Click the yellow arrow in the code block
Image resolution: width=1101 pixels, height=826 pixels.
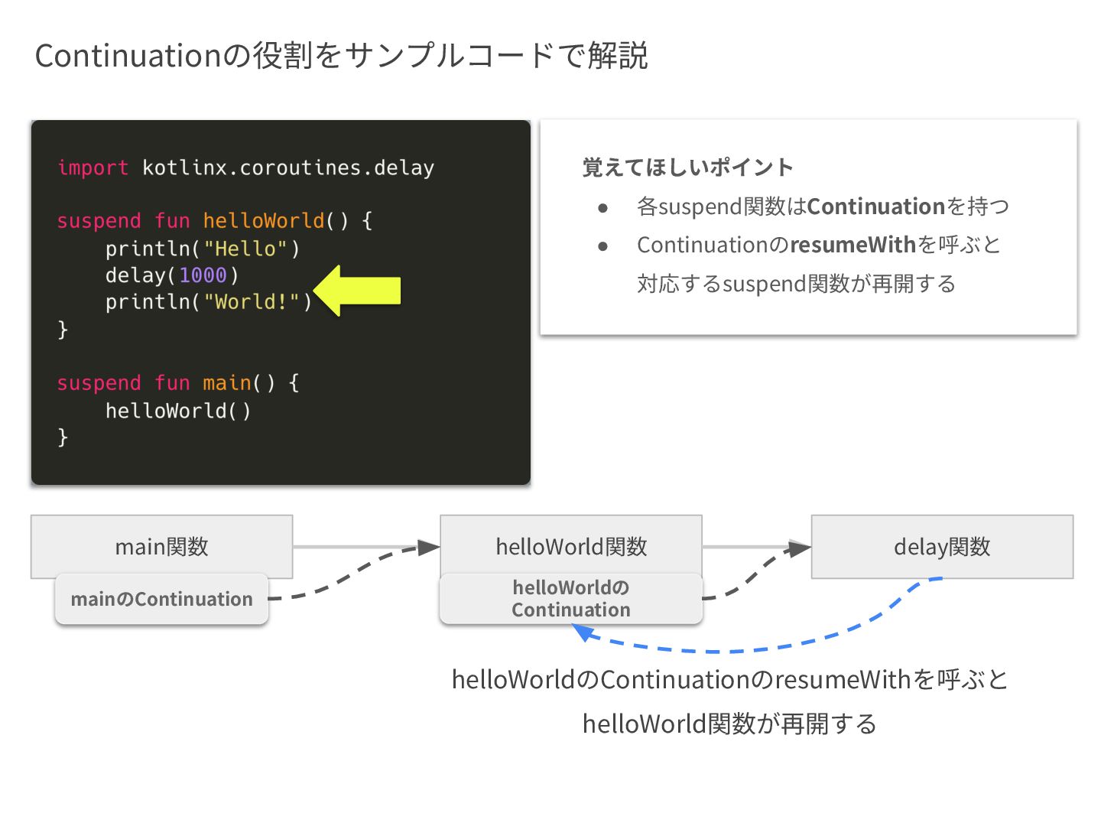359,291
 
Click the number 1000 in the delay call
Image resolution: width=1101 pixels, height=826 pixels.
203,275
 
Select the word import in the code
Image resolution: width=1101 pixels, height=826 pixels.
93,167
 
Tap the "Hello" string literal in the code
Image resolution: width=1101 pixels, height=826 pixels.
245,249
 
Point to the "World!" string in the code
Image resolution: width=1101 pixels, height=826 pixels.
256,302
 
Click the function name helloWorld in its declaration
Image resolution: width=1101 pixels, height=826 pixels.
264,221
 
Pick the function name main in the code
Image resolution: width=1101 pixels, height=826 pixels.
227,383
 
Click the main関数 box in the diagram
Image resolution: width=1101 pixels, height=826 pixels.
161,546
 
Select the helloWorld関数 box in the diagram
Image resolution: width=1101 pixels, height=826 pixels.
570,546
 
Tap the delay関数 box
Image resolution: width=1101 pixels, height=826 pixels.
941,546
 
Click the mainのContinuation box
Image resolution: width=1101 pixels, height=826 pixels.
161,599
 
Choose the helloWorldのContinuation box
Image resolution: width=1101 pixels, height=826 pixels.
570,599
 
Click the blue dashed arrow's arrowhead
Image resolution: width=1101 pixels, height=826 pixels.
583,632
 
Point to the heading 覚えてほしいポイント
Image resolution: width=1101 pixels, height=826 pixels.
687,167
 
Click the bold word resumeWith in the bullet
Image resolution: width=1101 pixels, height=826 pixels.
853,245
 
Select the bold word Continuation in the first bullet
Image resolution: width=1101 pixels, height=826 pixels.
876,206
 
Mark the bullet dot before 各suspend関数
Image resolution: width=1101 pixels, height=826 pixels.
603,207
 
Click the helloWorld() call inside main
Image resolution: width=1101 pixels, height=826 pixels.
177,411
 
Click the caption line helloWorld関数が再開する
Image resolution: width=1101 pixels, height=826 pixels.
729,723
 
